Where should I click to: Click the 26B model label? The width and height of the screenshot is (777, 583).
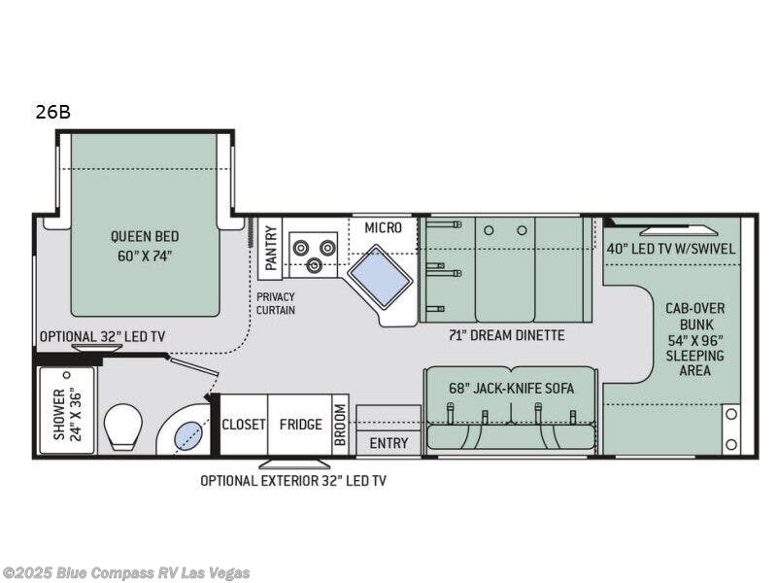tap(52, 112)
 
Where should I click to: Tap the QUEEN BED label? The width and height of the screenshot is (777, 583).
tap(144, 246)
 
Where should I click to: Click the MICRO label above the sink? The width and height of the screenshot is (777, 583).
tap(383, 227)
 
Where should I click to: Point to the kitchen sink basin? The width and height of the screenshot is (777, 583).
tap(380, 275)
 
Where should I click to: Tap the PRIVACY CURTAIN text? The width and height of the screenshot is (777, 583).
tap(276, 303)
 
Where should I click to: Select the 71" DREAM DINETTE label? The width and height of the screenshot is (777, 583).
tap(507, 335)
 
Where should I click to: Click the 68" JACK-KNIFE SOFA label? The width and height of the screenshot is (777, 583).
tap(510, 388)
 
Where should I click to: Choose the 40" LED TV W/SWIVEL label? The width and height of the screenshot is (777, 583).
tap(671, 249)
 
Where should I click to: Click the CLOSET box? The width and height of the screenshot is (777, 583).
tap(244, 425)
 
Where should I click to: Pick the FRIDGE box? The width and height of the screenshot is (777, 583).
tap(300, 425)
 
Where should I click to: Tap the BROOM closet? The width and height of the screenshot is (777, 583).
tap(340, 426)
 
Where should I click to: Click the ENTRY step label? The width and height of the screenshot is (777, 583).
tap(388, 443)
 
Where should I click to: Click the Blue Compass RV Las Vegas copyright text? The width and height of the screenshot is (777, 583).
tap(126, 572)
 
